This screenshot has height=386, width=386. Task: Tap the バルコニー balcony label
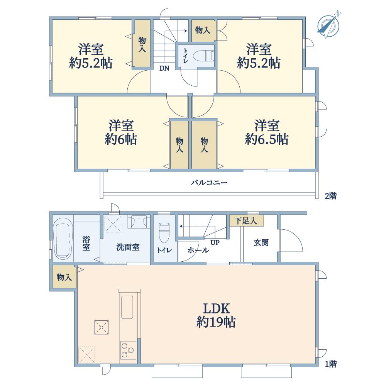pos(209,183)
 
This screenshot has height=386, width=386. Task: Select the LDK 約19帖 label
pos(216,315)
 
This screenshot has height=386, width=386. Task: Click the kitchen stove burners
pos(128,350)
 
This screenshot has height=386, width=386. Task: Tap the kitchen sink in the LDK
pos(127,307)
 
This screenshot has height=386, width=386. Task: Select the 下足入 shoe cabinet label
pos(245,220)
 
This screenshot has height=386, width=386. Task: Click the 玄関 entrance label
pos(261,242)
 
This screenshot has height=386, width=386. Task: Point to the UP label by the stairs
pos(215,243)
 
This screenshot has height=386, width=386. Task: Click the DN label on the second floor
pos(164,68)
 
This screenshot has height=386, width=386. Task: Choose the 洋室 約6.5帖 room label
pos(267,132)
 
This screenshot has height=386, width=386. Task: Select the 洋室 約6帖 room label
pos(121,132)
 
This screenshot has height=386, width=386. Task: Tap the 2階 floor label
pos(331,196)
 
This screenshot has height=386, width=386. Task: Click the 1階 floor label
pos(331,364)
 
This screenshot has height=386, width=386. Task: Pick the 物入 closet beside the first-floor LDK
pos(64,277)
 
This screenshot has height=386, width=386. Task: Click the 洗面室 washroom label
pos(128,247)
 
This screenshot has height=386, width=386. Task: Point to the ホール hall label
pos(198,251)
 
